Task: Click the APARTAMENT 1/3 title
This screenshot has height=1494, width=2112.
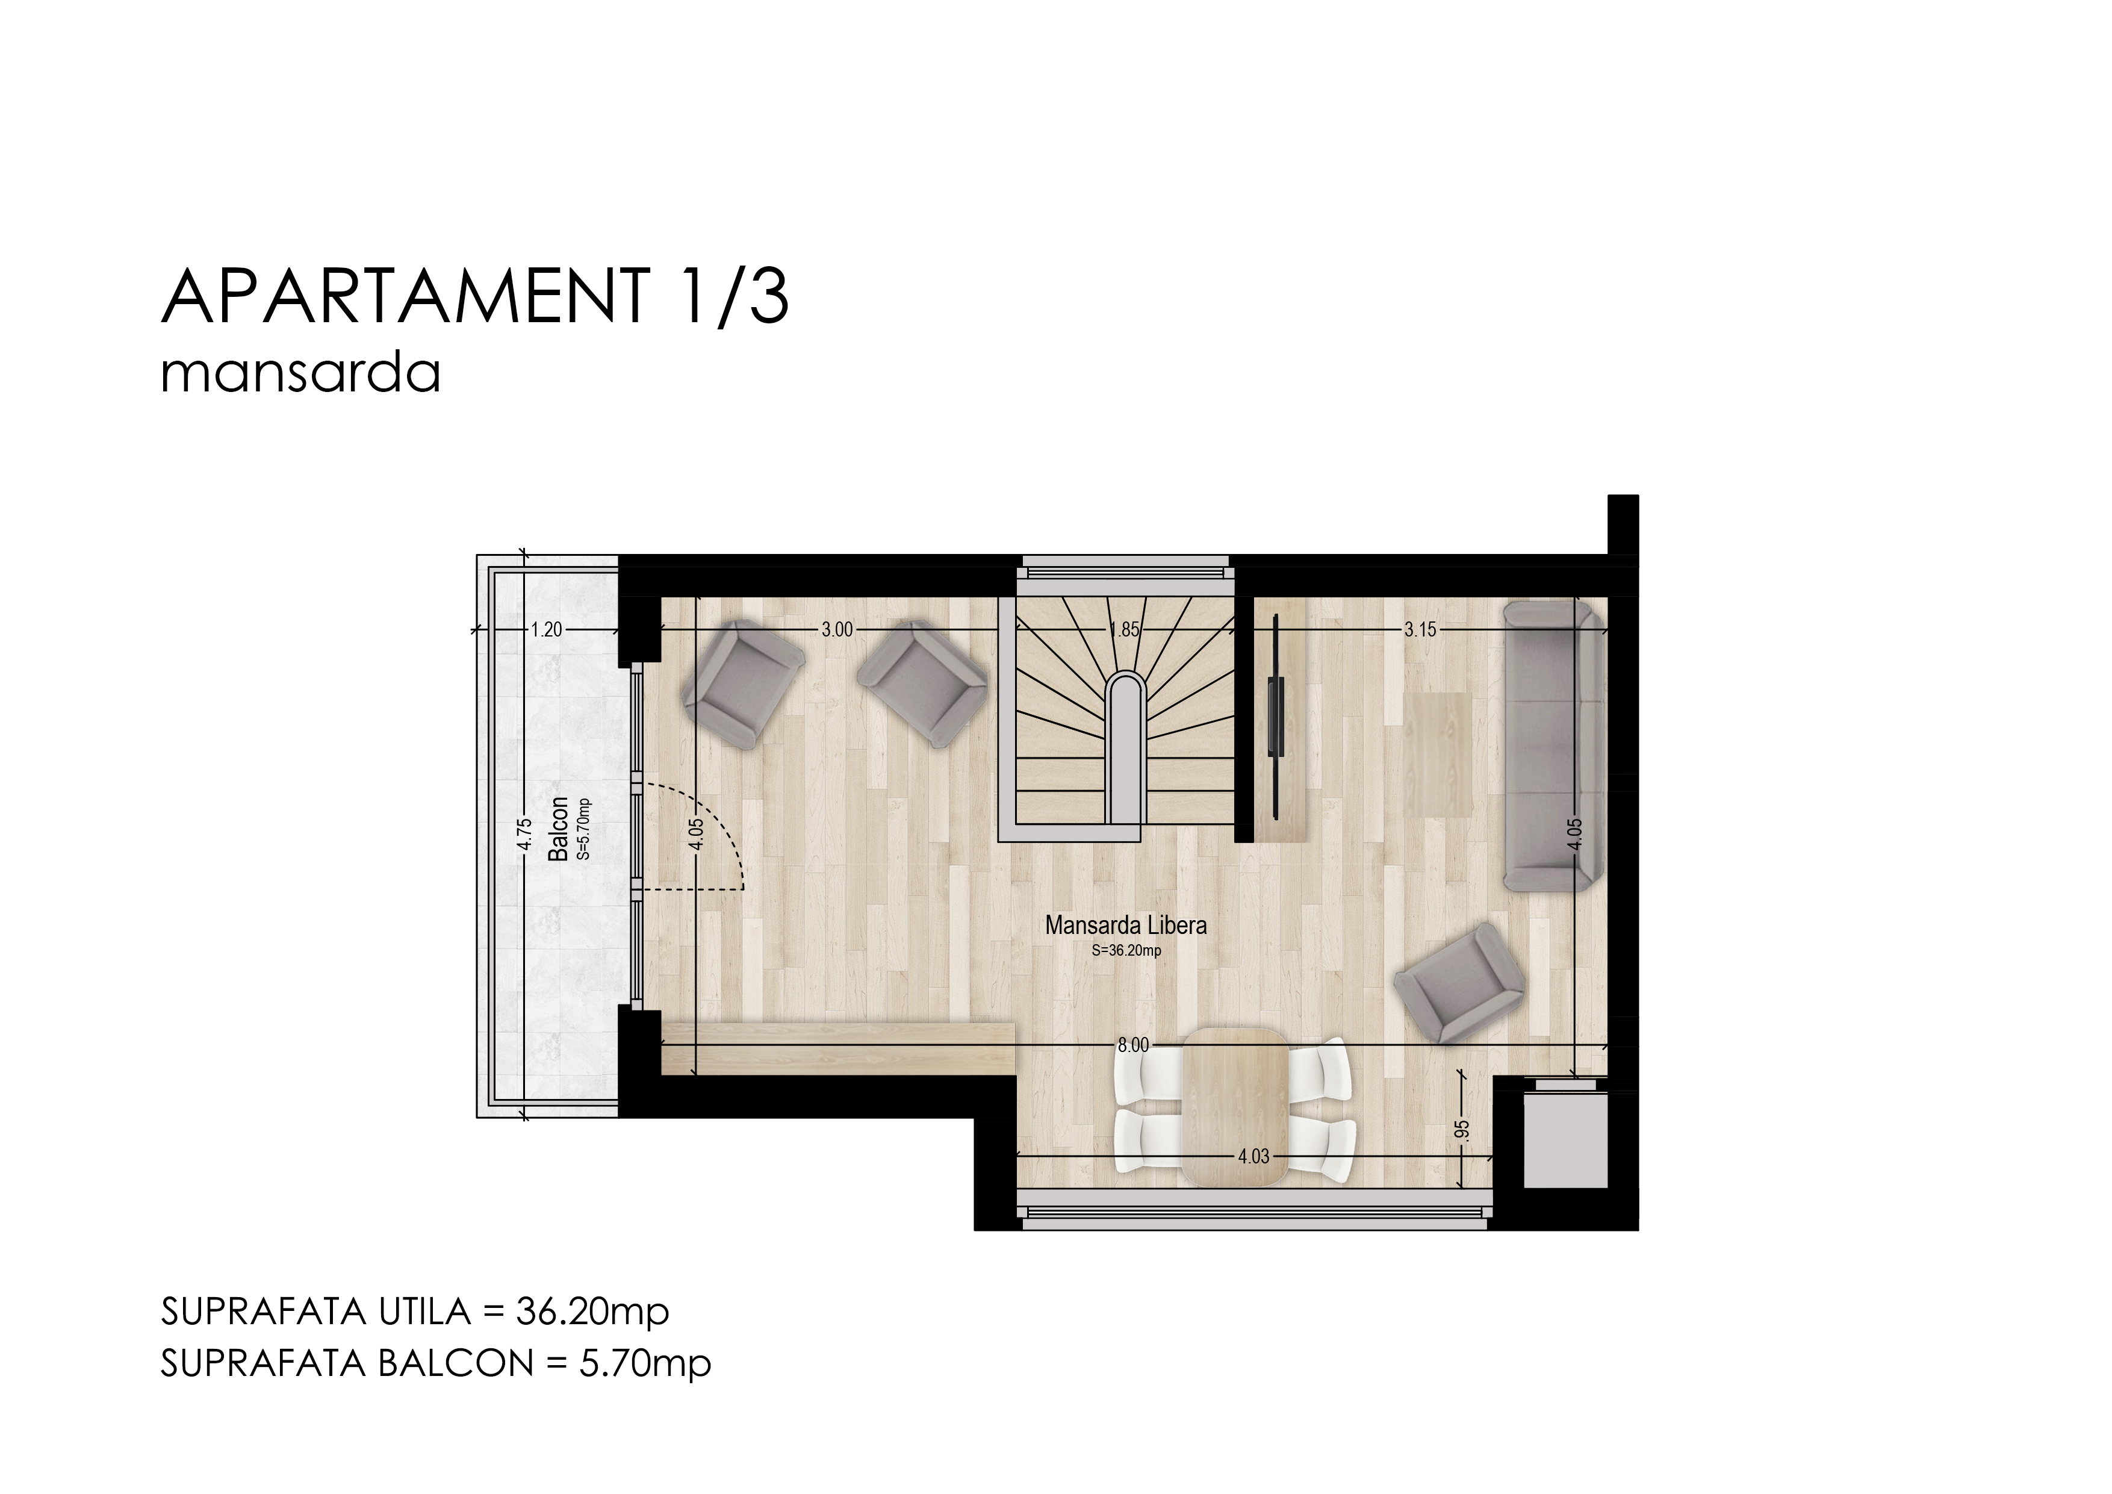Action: click(x=474, y=296)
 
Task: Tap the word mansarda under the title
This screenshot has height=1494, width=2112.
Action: click(x=301, y=375)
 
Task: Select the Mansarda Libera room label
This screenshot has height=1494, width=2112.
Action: click(x=1126, y=926)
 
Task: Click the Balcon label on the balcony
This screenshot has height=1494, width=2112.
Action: click(x=558, y=829)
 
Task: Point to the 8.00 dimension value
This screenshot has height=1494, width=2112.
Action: click(x=1133, y=1045)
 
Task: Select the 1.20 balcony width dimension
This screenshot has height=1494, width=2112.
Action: click(x=547, y=630)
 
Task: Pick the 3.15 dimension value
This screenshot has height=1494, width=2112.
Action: click(x=1420, y=630)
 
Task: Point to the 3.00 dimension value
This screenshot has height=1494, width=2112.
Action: click(x=837, y=630)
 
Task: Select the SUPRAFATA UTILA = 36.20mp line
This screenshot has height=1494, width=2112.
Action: click(x=415, y=1312)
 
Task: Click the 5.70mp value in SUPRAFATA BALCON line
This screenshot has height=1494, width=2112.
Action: click(x=646, y=1363)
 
